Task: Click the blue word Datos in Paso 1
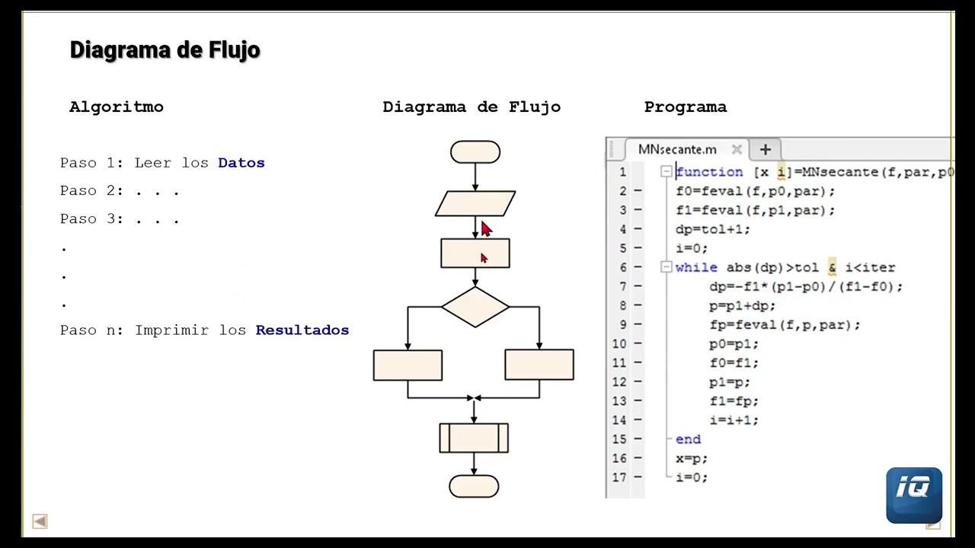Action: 241,163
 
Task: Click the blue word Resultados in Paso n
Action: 302,330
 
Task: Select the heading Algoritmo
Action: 117,107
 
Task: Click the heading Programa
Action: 685,107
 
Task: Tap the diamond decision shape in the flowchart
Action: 475,307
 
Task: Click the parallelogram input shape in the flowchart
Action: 475,203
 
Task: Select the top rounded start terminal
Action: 475,152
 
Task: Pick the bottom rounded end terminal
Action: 474,486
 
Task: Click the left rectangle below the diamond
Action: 408,365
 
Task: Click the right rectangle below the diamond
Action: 539,365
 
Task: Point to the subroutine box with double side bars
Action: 474,438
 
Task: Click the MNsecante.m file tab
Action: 677,149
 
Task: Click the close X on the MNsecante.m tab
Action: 736,149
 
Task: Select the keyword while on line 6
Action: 696,268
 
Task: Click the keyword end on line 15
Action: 688,439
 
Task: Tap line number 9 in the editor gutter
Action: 622,325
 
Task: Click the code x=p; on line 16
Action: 692,458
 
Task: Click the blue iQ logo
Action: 914,495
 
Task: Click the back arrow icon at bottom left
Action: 40,521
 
